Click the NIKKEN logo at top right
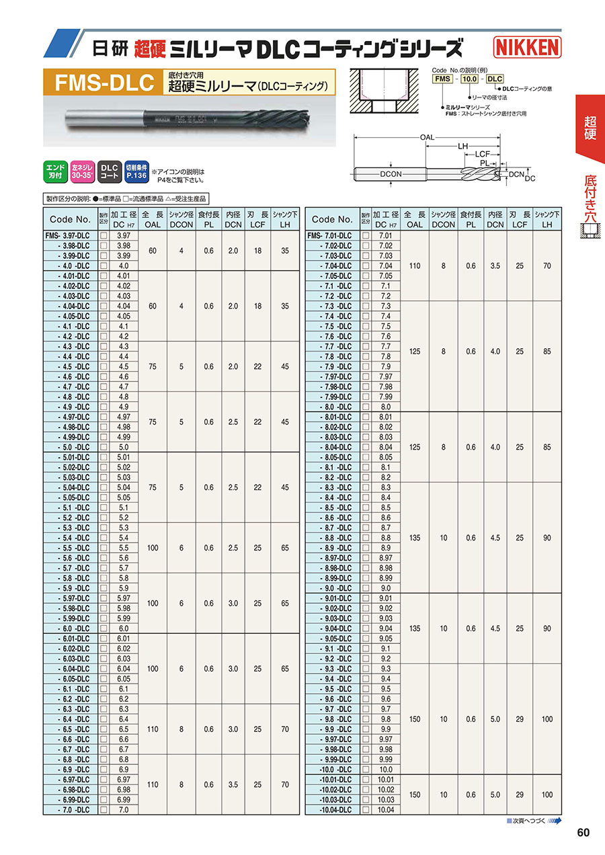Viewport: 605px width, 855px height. pyautogui.click(x=528, y=46)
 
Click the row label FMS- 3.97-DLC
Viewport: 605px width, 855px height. pyautogui.click(x=70, y=235)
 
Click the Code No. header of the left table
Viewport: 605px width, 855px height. pyautogui.click(x=70, y=219)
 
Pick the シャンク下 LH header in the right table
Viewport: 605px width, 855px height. pyautogui.click(x=547, y=219)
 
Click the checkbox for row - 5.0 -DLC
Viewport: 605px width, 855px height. pyautogui.click(x=104, y=447)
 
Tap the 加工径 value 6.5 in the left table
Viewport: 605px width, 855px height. pyautogui.click(x=123, y=729)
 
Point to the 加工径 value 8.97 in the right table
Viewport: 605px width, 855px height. pyautogui.click(x=385, y=558)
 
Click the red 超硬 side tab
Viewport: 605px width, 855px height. pyautogui.click(x=590, y=128)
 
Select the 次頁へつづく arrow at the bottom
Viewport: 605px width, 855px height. pyautogui.click(x=555, y=821)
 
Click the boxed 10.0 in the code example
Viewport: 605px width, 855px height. pyautogui.click(x=469, y=79)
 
